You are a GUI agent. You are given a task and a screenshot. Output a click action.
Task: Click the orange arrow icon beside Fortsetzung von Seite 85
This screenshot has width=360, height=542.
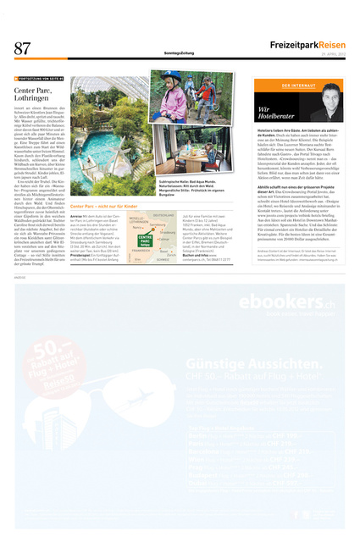[17, 80]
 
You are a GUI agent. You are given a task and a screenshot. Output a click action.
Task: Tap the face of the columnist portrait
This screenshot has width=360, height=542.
[322, 107]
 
